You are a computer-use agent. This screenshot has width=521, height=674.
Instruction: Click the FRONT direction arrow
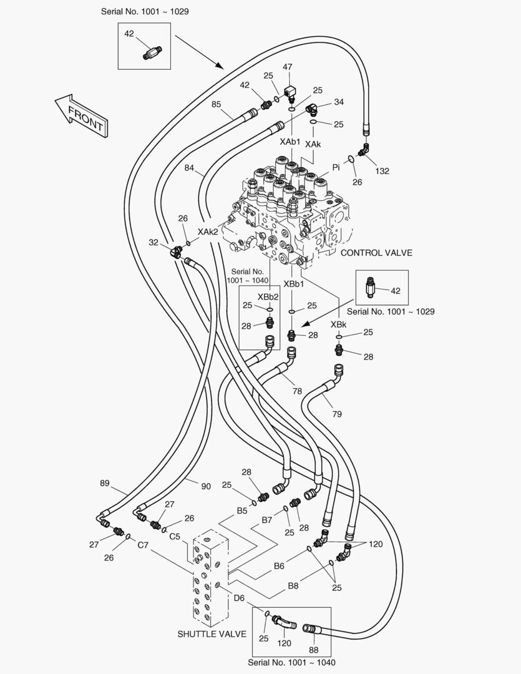80,115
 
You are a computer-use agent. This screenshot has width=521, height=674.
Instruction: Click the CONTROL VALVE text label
377,253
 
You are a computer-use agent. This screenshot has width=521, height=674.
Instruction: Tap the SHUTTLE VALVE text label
212,634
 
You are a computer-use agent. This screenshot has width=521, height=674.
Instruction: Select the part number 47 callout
288,67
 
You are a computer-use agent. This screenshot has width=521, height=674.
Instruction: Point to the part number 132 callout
381,170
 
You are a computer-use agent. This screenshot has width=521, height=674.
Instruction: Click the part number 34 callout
339,102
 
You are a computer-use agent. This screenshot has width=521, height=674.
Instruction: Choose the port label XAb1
291,142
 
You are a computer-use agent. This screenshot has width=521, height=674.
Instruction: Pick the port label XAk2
208,232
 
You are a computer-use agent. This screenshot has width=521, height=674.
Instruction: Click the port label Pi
336,167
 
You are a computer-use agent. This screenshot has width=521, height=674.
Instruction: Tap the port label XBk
339,325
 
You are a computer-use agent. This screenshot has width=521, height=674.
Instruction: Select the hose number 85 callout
217,105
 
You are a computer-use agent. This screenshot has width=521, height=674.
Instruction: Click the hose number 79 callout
337,414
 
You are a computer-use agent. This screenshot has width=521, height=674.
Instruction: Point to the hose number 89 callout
105,483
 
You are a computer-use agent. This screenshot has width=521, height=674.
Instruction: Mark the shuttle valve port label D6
240,598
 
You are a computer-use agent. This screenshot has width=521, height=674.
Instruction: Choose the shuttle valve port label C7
144,545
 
